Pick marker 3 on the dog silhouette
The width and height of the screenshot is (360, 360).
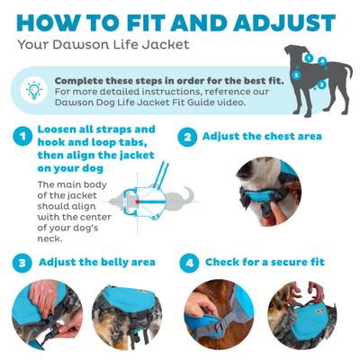pos(322,85)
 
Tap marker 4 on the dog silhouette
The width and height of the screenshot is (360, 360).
pos(321,60)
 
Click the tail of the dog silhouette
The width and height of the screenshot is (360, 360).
pos(347,68)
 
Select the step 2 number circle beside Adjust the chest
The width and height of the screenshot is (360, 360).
pos(187,138)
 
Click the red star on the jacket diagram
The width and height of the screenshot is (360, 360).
pos(138,202)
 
